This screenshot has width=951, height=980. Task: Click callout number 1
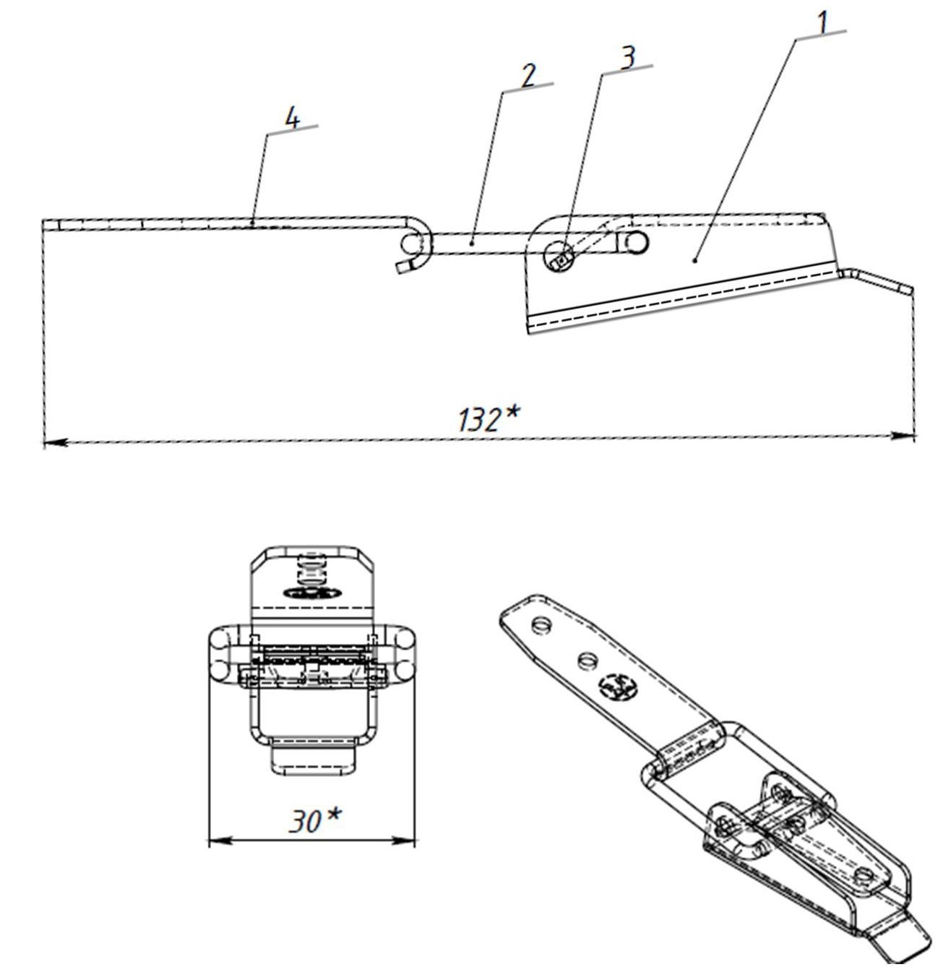point(822,22)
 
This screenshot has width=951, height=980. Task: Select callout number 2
point(529,75)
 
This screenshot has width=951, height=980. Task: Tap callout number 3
point(629,57)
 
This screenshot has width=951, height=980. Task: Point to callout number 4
point(292,119)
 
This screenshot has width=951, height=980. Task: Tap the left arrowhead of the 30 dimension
point(217,841)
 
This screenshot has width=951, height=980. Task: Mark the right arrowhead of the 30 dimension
point(408,840)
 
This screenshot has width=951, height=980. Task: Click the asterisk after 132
point(512,413)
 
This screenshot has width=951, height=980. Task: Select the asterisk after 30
point(332,814)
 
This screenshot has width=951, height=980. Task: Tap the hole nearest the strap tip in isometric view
point(539,623)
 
